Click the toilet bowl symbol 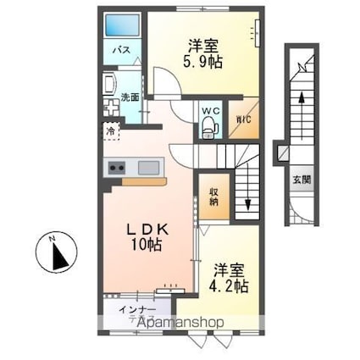click(x=208, y=128)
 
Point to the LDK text click(x=147, y=229)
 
